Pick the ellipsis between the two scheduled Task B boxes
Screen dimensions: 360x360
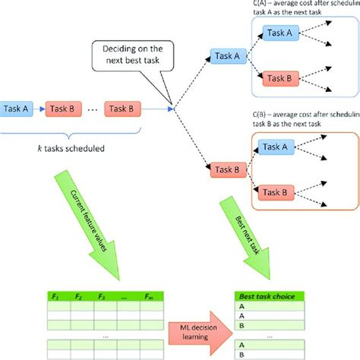[x=92, y=109]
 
